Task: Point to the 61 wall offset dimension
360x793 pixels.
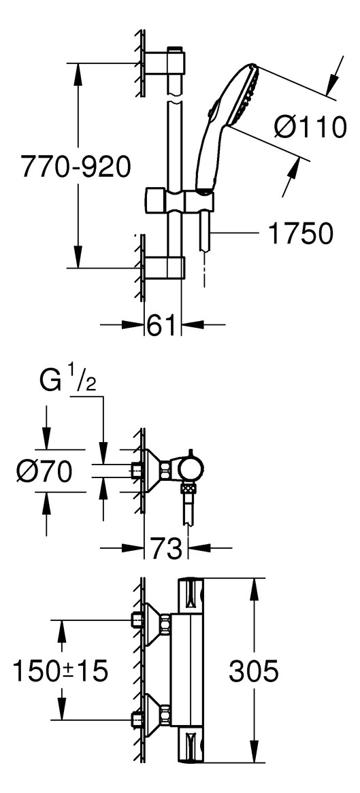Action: pyautogui.click(x=163, y=324)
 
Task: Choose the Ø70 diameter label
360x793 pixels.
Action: pyautogui.click(x=44, y=472)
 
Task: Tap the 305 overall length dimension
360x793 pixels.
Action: pyautogui.click(x=254, y=671)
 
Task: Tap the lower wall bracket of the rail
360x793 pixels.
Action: pyautogui.click(x=165, y=267)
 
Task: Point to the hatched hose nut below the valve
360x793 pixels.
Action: pyautogui.click(x=190, y=489)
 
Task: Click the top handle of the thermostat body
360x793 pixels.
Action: pyautogui.click(x=191, y=596)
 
